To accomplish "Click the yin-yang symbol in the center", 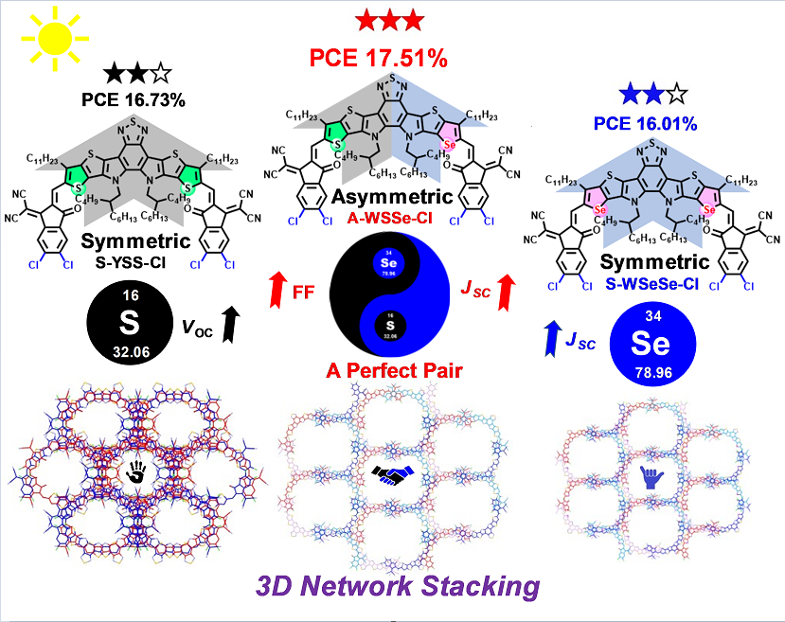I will click(392, 293).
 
